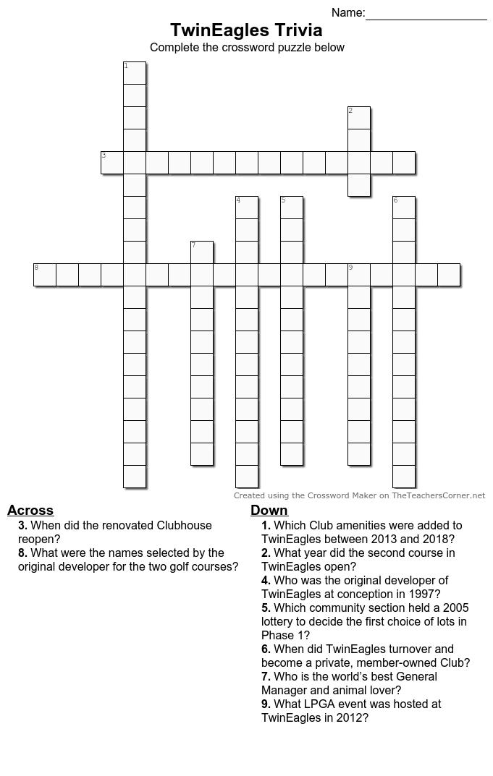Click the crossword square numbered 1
tap(135, 73)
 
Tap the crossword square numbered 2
tap(359, 118)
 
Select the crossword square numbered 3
tap(112, 163)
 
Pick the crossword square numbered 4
tap(247, 208)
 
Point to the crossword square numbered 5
tap(292, 208)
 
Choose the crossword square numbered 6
tap(404, 208)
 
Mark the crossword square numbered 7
tap(202, 252)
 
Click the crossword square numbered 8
tap(45, 275)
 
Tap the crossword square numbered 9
tap(359, 275)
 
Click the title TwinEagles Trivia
tap(246, 30)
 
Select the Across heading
tap(30, 510)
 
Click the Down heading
tap(269, 510)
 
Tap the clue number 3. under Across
tap(23, 526)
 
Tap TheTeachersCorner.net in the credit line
tap(439, 495)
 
